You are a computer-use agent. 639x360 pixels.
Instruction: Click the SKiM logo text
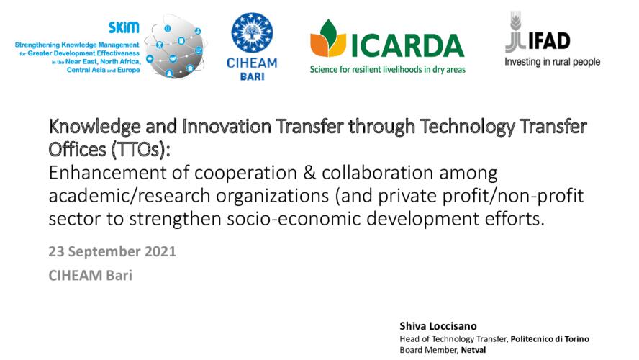pyautogui.click(x=124, y=27)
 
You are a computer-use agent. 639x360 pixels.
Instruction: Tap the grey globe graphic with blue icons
pyautogui.click(x=176, y=48)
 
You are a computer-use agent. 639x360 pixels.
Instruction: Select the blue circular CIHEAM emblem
pyautogui.click(x=252, y=32)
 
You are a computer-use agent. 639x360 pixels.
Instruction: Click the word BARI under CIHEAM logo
pyautogui.click(x=252, y=76)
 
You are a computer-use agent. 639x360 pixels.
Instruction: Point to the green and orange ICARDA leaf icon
pyautogui.click(x=328, y=38)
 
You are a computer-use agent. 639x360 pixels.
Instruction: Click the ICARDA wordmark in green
pyautogui.click(x=407, y=45)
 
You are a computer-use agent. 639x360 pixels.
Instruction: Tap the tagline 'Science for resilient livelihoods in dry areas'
pyautogui.click(x=388, y=69)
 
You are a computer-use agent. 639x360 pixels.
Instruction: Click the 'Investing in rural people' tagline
pyautogui.click(x=552, y=62)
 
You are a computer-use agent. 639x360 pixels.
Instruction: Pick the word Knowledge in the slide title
pyautogui.click(x=94, y=127)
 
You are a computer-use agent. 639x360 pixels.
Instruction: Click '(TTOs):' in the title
pyautogui.click(x=140, y=150)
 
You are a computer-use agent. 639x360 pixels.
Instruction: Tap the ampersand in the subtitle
pyautogui.click(x=309, y=173)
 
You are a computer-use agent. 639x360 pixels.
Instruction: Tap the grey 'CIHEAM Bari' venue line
pyautogui.click(x=91, y=276)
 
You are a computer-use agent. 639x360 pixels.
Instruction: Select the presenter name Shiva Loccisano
pyautogui.click(x=438, y=326)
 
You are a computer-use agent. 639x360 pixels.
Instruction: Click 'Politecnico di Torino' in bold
pyautogui.click(x=550, y=339)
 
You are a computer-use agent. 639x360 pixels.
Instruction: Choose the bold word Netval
pyautogui.click(x=473, y=350)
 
